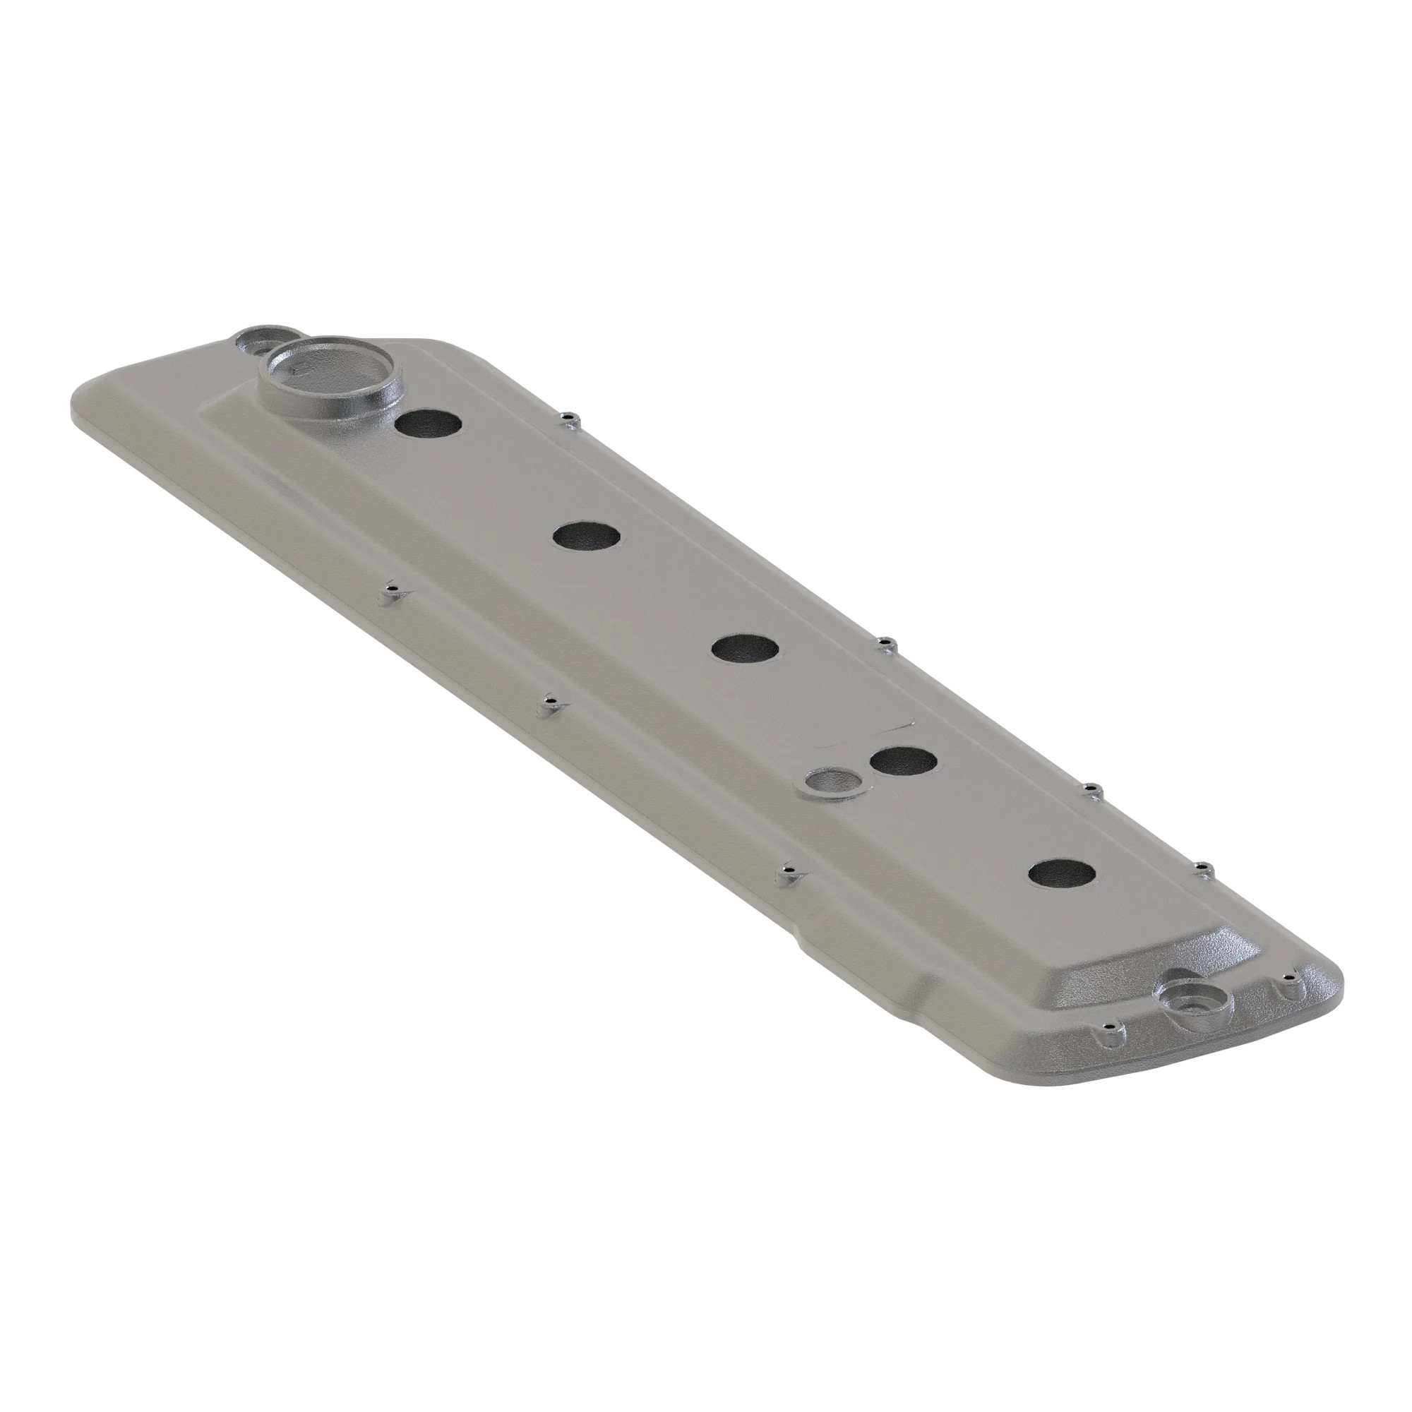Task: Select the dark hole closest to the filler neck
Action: (430, 424)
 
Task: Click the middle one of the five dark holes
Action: (745, 649)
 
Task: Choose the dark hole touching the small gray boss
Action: (904, 762)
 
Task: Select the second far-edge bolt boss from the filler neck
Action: (886, 644)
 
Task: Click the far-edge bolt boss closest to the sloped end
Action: (1202, 869)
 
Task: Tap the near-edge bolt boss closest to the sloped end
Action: (788, 871)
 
